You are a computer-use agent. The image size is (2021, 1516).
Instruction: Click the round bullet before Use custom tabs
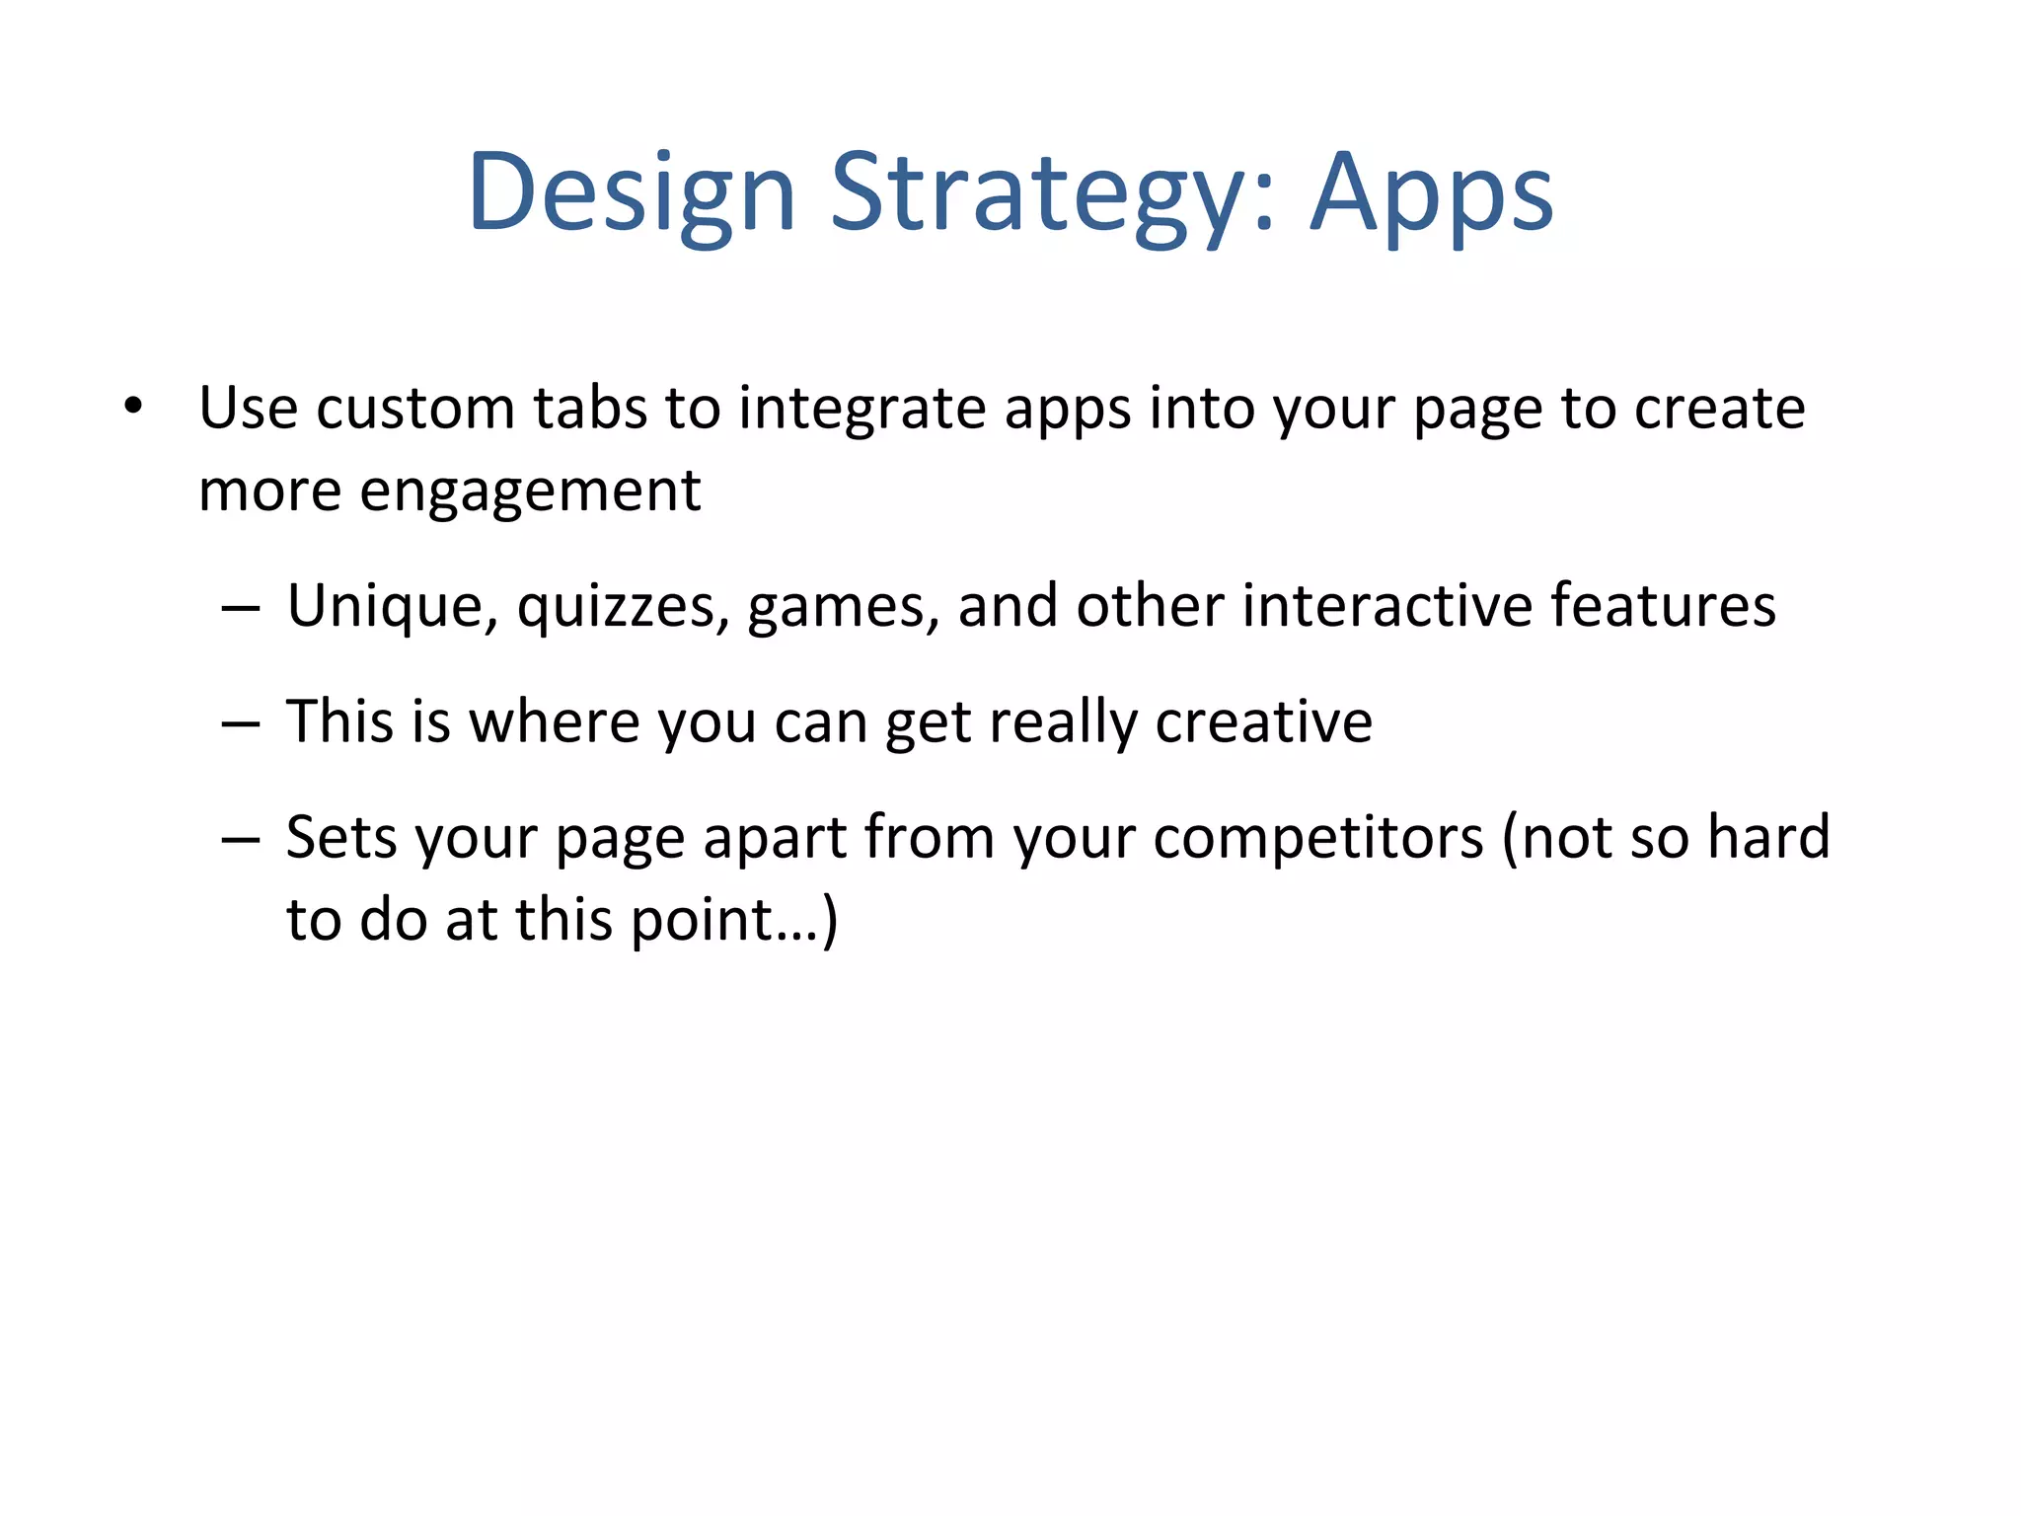(133, 407)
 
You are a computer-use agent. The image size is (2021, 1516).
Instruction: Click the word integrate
(861, 408)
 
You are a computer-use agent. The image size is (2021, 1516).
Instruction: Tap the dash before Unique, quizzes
(241, 607)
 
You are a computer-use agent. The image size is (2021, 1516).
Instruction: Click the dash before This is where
(241, 723)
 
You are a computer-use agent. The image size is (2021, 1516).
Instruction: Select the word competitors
(1317, 838)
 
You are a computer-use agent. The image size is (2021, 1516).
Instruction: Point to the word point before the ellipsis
(701, 921)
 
